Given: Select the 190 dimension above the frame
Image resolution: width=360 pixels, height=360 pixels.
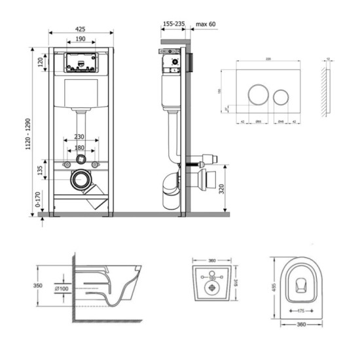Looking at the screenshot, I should click(79, 40).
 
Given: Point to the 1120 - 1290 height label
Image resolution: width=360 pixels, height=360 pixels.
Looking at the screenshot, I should click(26, 135).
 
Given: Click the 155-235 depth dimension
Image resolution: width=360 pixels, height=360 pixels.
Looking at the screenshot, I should click(173, 24).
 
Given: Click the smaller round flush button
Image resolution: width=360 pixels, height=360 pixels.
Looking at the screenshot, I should click(281, 96).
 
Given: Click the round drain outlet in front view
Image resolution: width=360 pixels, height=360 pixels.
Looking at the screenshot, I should click(82, 178).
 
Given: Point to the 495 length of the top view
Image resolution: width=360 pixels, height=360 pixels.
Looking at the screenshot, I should click(276, 287).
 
